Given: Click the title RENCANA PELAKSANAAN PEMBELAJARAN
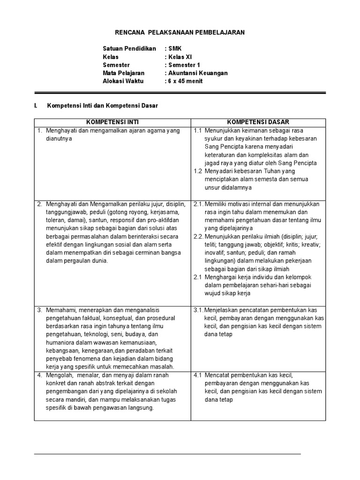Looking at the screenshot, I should (180, 32).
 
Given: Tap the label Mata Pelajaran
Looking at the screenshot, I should (124, 73).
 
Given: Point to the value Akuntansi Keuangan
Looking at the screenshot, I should (198, 73).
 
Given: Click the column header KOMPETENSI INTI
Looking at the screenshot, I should (112, 122).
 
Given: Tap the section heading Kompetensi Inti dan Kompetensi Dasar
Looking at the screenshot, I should (103, 106).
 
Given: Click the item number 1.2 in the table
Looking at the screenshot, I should (198, 171).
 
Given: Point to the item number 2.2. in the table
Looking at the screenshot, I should (199, 236).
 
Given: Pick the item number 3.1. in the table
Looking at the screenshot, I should (199, 310).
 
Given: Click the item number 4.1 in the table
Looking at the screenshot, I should (198, 375).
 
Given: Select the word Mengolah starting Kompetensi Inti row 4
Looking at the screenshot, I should (58, 375).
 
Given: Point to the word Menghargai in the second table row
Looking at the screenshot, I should (222, 277).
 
